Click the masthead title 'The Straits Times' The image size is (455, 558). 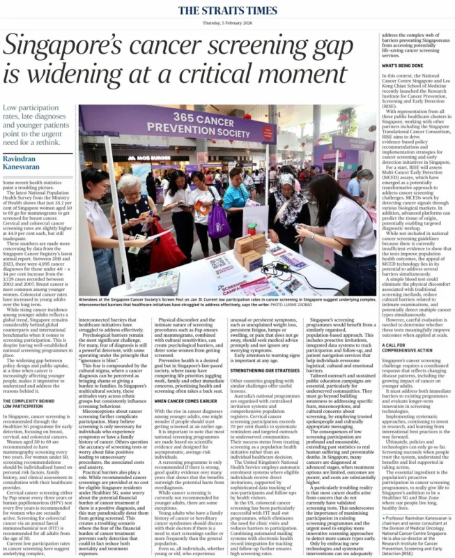(227, 10)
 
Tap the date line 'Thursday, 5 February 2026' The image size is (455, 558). (227, 22)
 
